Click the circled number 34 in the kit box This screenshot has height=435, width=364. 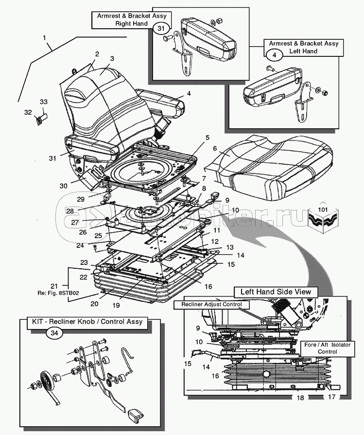click(53, 333)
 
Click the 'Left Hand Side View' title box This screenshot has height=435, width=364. click(276, 292)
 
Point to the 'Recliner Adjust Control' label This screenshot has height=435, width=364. click(212, 304)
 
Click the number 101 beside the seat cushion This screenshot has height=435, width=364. click(323, 210)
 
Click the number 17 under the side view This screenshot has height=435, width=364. click(332, 397)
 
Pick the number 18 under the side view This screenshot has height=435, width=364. click(300, 397)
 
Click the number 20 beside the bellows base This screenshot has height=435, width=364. click(95, 303)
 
